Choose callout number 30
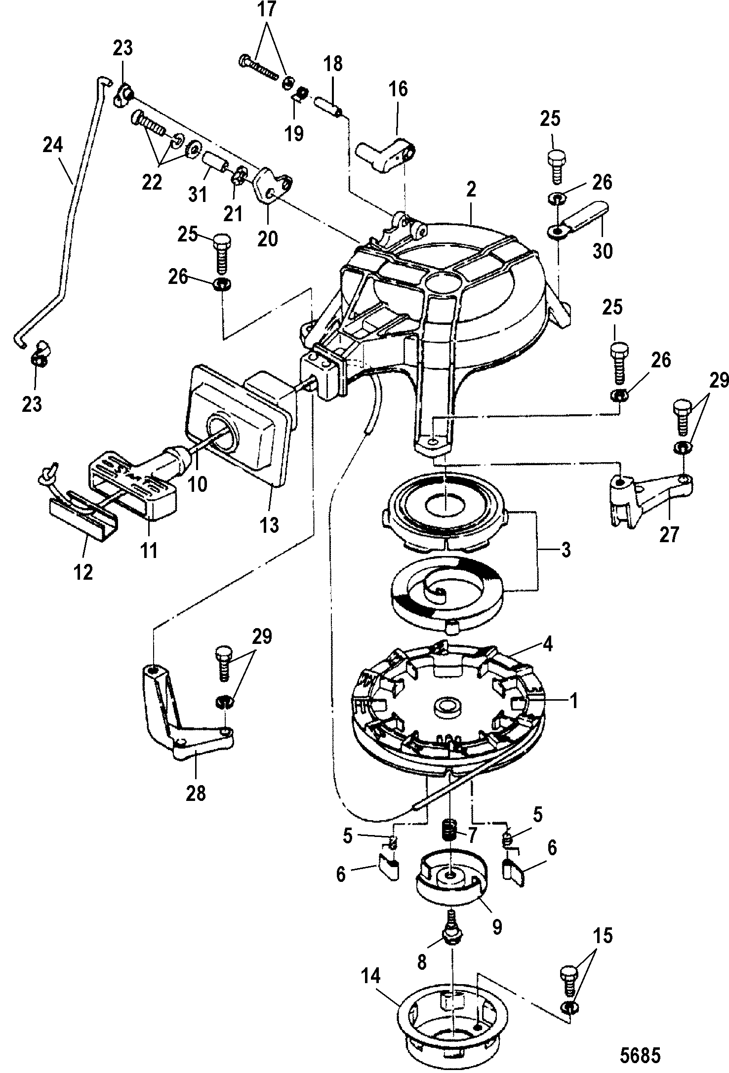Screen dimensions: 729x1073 pyautogui.click(x=602, y=251)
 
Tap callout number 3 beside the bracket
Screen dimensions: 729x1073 pyautogui.click(x=566, y=550)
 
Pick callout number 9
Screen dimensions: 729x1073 pyautogui.click(x=496, y=926)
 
